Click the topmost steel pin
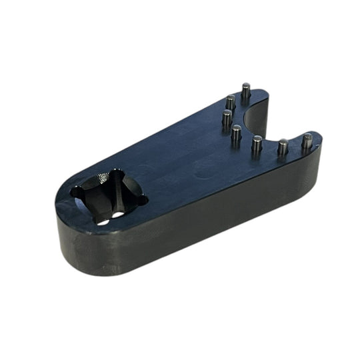coord(246,91)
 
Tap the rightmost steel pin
coord(307,141)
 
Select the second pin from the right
coord(283,146)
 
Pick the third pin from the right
coord(257,143)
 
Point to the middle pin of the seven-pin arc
coord(236,135)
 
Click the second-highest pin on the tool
coord(231,102)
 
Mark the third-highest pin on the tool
coord(227,118)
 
